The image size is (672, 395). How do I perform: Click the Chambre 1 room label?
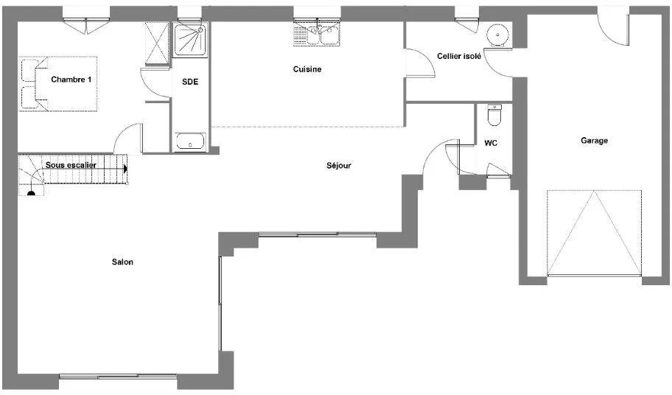pos(71,80)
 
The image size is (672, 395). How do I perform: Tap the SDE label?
pos(190,81)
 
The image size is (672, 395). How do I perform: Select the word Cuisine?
pos(307,69)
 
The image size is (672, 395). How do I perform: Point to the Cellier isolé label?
pos(459,56)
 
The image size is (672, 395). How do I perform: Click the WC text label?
pos(491,143)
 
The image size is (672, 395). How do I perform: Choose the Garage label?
pos(594,141)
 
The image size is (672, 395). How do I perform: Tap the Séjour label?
pos(338,165)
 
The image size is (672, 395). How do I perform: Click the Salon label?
pos(122,262)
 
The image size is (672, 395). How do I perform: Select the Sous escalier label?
pos(71,165)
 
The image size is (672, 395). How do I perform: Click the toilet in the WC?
pos(494,115)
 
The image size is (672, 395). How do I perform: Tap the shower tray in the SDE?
pos(190,39)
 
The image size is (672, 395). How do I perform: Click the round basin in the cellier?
pos(497,35)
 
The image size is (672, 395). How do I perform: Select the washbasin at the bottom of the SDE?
pos(190,141)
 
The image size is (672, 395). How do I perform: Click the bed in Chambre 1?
pos(58,83)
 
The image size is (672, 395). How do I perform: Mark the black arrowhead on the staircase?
pos(125,169)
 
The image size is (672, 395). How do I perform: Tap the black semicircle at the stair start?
pos(31,193)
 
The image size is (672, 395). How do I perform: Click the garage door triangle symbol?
pos(594,233)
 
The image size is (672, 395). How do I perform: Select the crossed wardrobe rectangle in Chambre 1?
pos(157,43)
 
